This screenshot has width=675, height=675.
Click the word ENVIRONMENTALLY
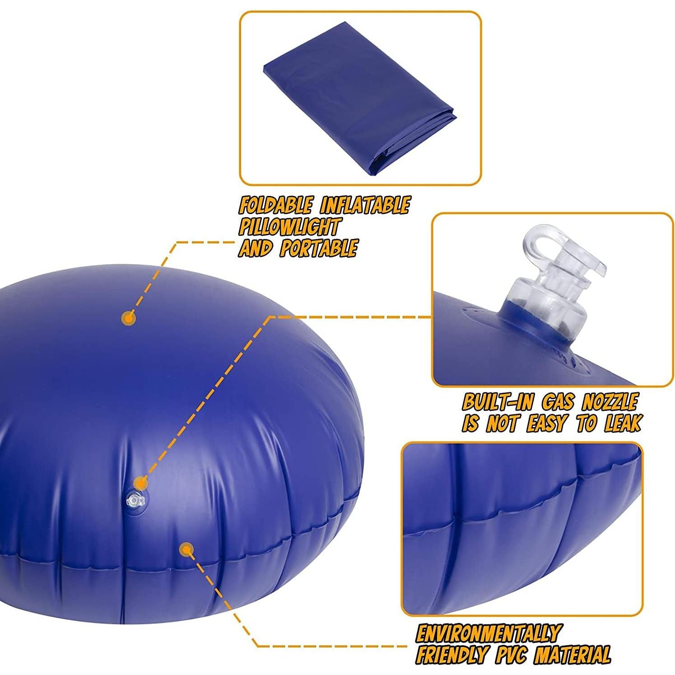pos(488,633)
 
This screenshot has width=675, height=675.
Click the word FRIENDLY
pos(452,654)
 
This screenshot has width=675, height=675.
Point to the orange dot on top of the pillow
pos(129,318)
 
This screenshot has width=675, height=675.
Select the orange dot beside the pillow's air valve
pos(142,483)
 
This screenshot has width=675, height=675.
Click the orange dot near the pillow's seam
pos(185,549)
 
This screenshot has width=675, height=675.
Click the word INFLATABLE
pos(364,206)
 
